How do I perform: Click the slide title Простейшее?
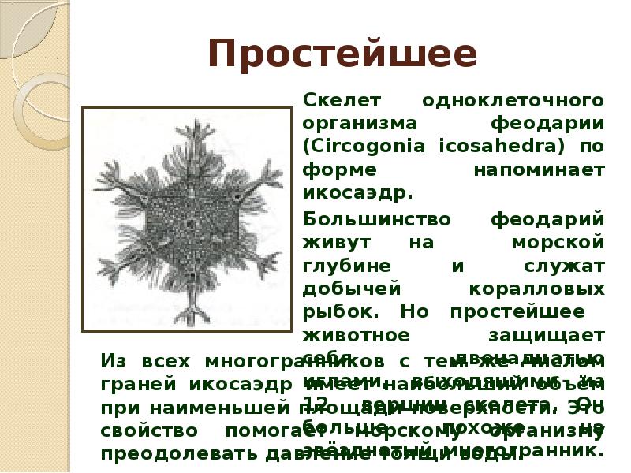343,54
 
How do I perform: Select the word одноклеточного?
513,101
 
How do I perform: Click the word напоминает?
540,169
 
